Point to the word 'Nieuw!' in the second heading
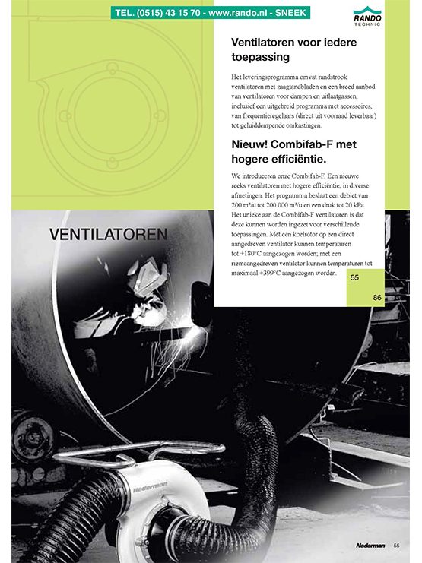(252, 144)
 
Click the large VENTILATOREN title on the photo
(108, 236)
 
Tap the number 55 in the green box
(355, 278)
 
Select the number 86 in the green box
(377, 297)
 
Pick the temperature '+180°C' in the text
(252, 254)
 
